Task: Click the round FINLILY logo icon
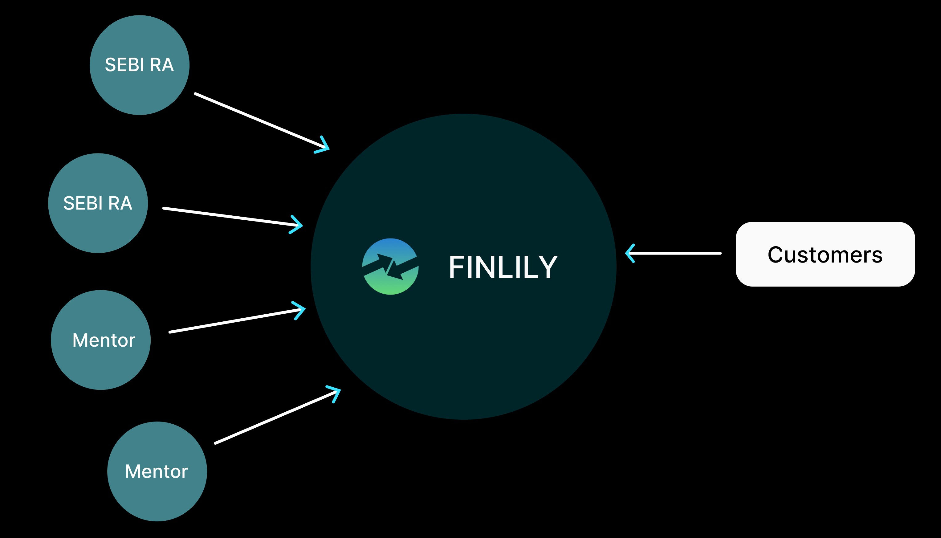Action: point(390,267)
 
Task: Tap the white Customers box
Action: point(825,254)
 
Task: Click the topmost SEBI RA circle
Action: point(140,65)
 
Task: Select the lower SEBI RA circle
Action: point(98,203)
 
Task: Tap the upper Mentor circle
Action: point(101,340)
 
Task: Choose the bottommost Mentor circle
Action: point(157,471)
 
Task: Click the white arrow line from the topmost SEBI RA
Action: point(259,120)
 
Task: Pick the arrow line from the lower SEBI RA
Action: point(229,217)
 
